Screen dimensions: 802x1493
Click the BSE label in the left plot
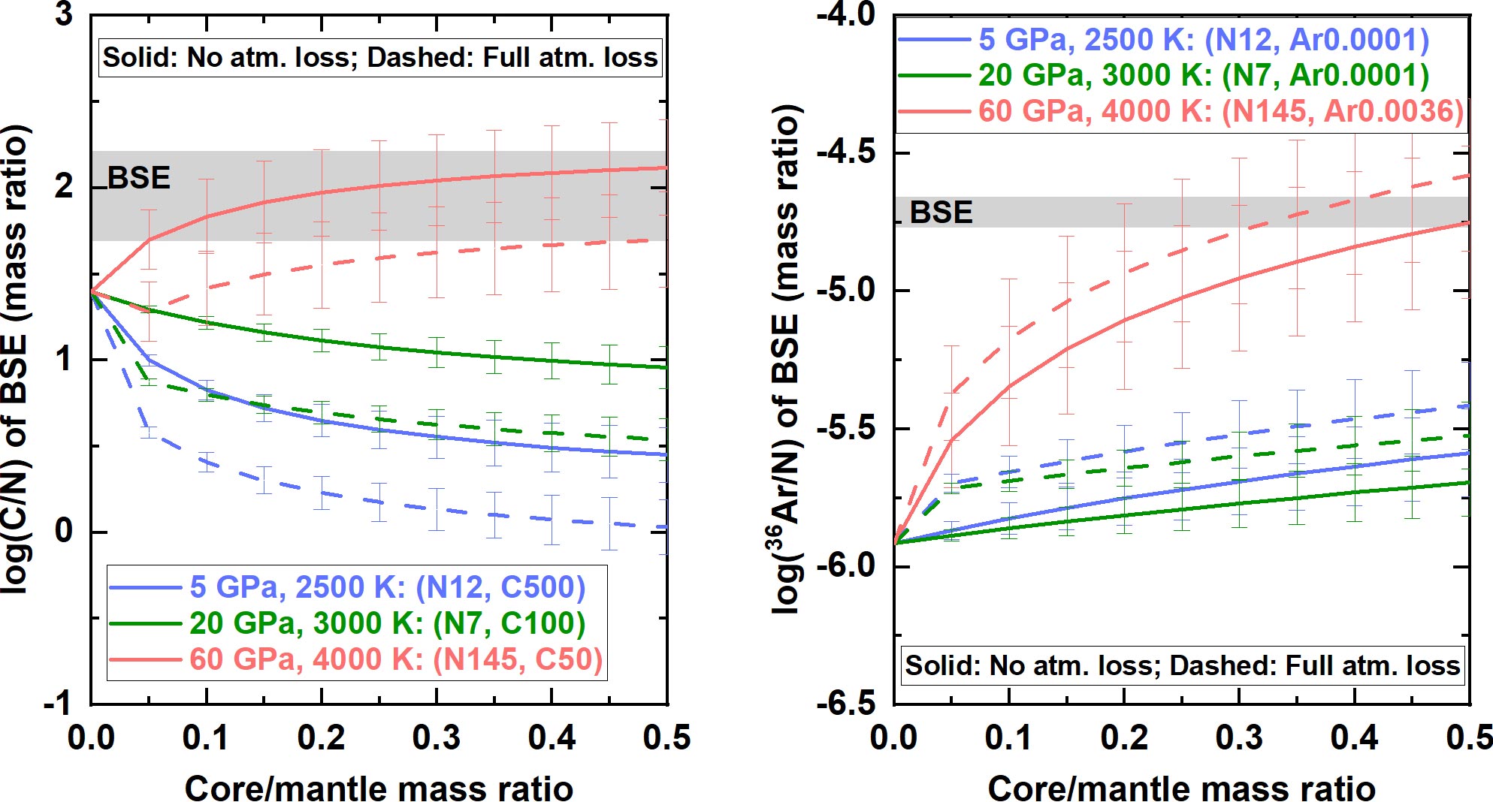pos(139,178)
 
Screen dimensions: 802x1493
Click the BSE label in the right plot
pos(941,213)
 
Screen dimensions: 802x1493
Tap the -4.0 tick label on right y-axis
pos(846,15)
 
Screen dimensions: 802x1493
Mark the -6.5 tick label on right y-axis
pos(846,704)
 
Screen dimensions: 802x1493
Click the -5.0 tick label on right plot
pos(846,291)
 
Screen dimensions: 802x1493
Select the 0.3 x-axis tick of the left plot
pos(436,738)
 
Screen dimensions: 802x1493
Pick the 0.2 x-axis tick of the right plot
pos(1124,738)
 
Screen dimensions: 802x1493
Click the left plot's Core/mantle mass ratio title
pos(379,788)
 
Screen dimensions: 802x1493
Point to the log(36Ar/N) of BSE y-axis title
pos(787,360)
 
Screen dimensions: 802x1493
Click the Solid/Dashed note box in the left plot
pos(380,58)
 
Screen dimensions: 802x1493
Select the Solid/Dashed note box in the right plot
pos(1182,665)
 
